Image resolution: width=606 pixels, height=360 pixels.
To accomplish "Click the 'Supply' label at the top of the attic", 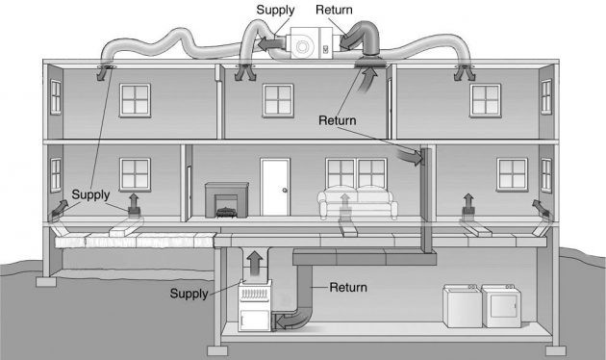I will tap(275, 10).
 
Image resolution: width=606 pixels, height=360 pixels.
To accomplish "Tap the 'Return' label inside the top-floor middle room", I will tap(338, 121).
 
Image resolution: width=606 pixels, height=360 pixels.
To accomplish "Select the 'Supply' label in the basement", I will tap(189, 293).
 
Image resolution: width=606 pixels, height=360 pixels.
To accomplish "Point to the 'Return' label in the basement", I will tap(348, 287).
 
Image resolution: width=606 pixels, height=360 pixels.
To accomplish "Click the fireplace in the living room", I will tap(227, 200).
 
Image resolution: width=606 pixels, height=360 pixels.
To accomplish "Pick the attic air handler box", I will tap(307, 45).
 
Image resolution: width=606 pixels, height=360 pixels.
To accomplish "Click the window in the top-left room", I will tap(134, 98).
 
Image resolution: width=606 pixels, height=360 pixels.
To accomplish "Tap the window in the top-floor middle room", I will tap(278, 98).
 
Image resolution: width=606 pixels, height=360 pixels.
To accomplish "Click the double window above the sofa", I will tap(358, 173).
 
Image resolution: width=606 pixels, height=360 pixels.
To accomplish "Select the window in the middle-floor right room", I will tap(510, 173).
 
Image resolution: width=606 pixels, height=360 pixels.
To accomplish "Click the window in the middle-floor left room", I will tap(134, 174).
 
